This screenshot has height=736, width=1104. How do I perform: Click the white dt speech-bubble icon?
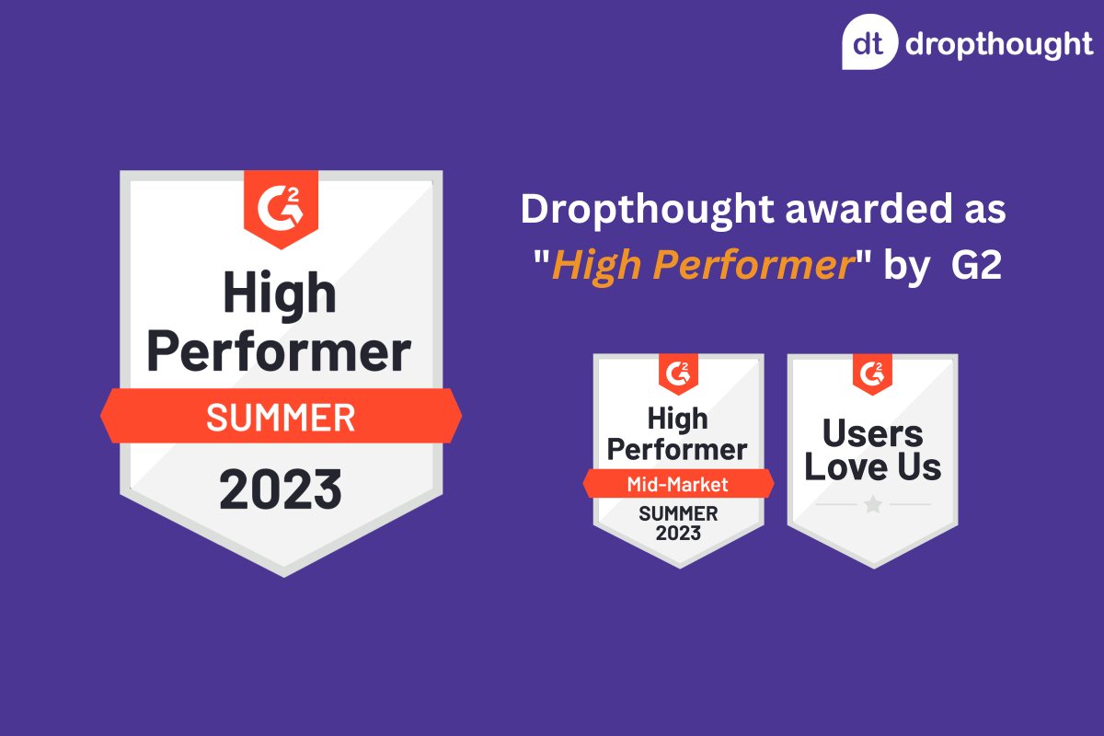click(x=869, y=43)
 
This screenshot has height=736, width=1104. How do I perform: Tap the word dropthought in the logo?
click(x=999, y=44)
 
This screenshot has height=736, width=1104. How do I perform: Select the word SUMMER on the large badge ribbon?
click(x=281, y=418)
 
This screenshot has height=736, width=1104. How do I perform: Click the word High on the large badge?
click(x=280, y=293)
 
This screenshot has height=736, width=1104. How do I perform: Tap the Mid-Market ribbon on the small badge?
click(x=678, y=484)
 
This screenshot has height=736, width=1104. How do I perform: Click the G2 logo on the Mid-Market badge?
click(x=678, y=372)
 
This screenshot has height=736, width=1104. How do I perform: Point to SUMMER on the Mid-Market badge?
click(x=678, y=512)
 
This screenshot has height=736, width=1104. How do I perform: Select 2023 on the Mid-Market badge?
click(x=678, y=533)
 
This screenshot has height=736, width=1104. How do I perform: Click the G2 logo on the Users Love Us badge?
click(x=872, y=372)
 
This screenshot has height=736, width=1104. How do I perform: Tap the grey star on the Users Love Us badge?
click(x=872, y=504)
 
